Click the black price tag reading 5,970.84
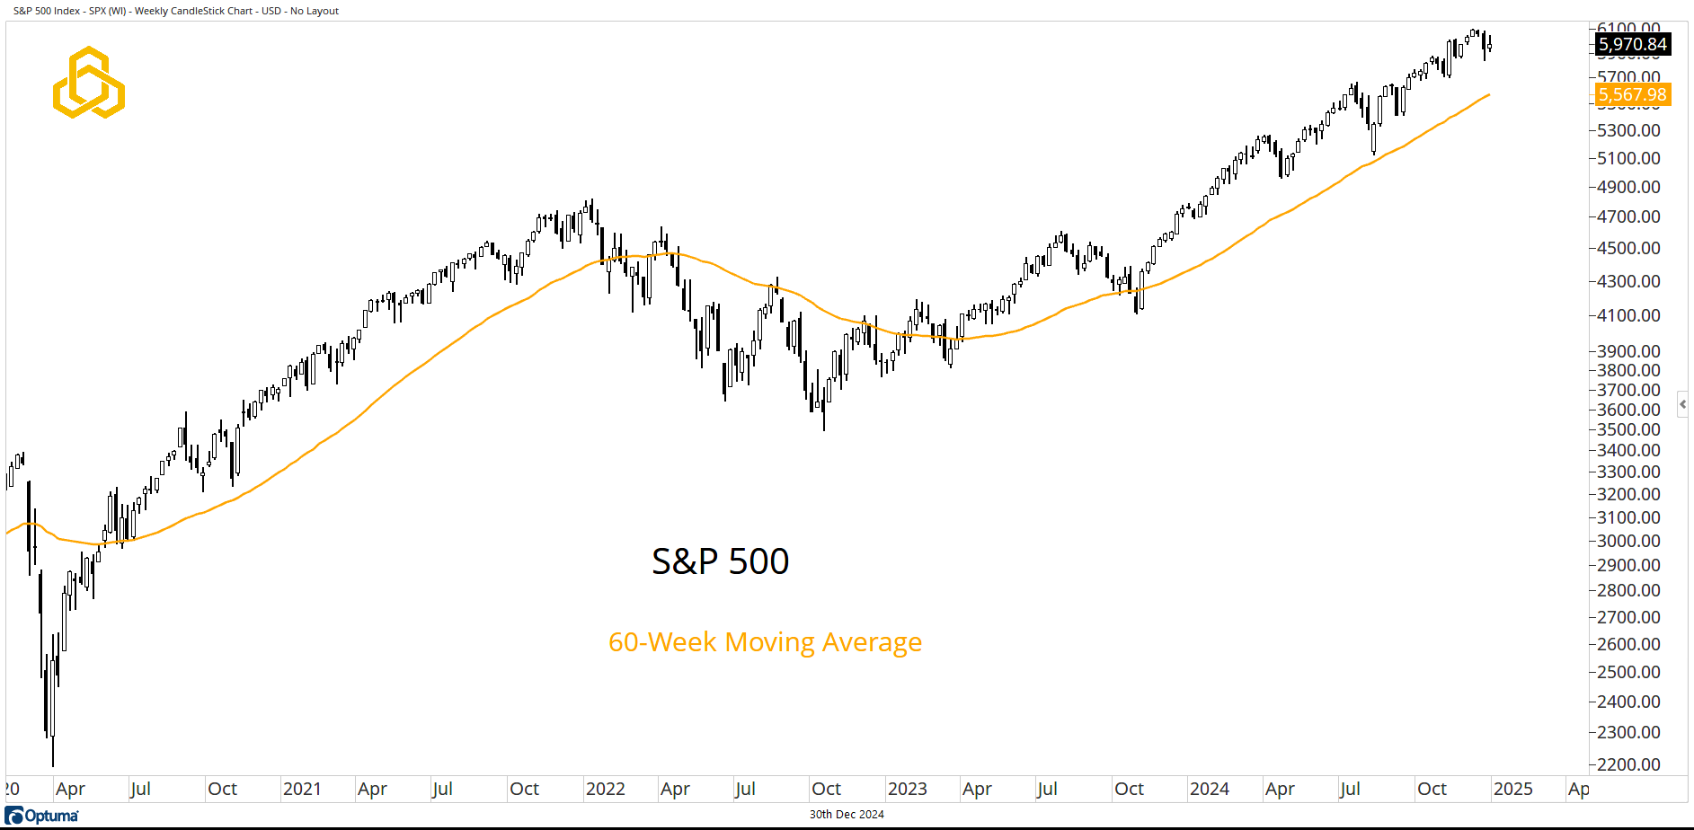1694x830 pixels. (1633, 44)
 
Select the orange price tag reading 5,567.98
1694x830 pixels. (1632, 94)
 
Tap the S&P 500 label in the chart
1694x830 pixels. (720, 561)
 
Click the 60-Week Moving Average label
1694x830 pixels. (765, 642)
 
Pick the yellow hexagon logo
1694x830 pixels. (88, 83)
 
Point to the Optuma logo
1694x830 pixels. (41, 816)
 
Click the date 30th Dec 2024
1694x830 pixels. (847, 815)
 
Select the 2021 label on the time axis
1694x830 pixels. (302, 789)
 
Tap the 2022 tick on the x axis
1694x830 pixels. (605, 789)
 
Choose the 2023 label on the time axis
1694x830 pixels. (907, 789)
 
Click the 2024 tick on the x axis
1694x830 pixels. (1209, 789)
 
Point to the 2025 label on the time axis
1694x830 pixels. (1512, 789)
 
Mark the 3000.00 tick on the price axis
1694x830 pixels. (1628, 541)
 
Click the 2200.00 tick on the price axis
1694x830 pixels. (1628, 764)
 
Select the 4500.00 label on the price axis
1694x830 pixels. (1628, 248)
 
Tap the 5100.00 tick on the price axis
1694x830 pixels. (1628, 158)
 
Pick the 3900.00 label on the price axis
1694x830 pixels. (1628, 351)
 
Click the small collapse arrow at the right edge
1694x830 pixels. (1683, 404)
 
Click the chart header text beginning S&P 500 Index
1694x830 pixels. (176, 11)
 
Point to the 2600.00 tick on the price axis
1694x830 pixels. (1628, 644)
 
